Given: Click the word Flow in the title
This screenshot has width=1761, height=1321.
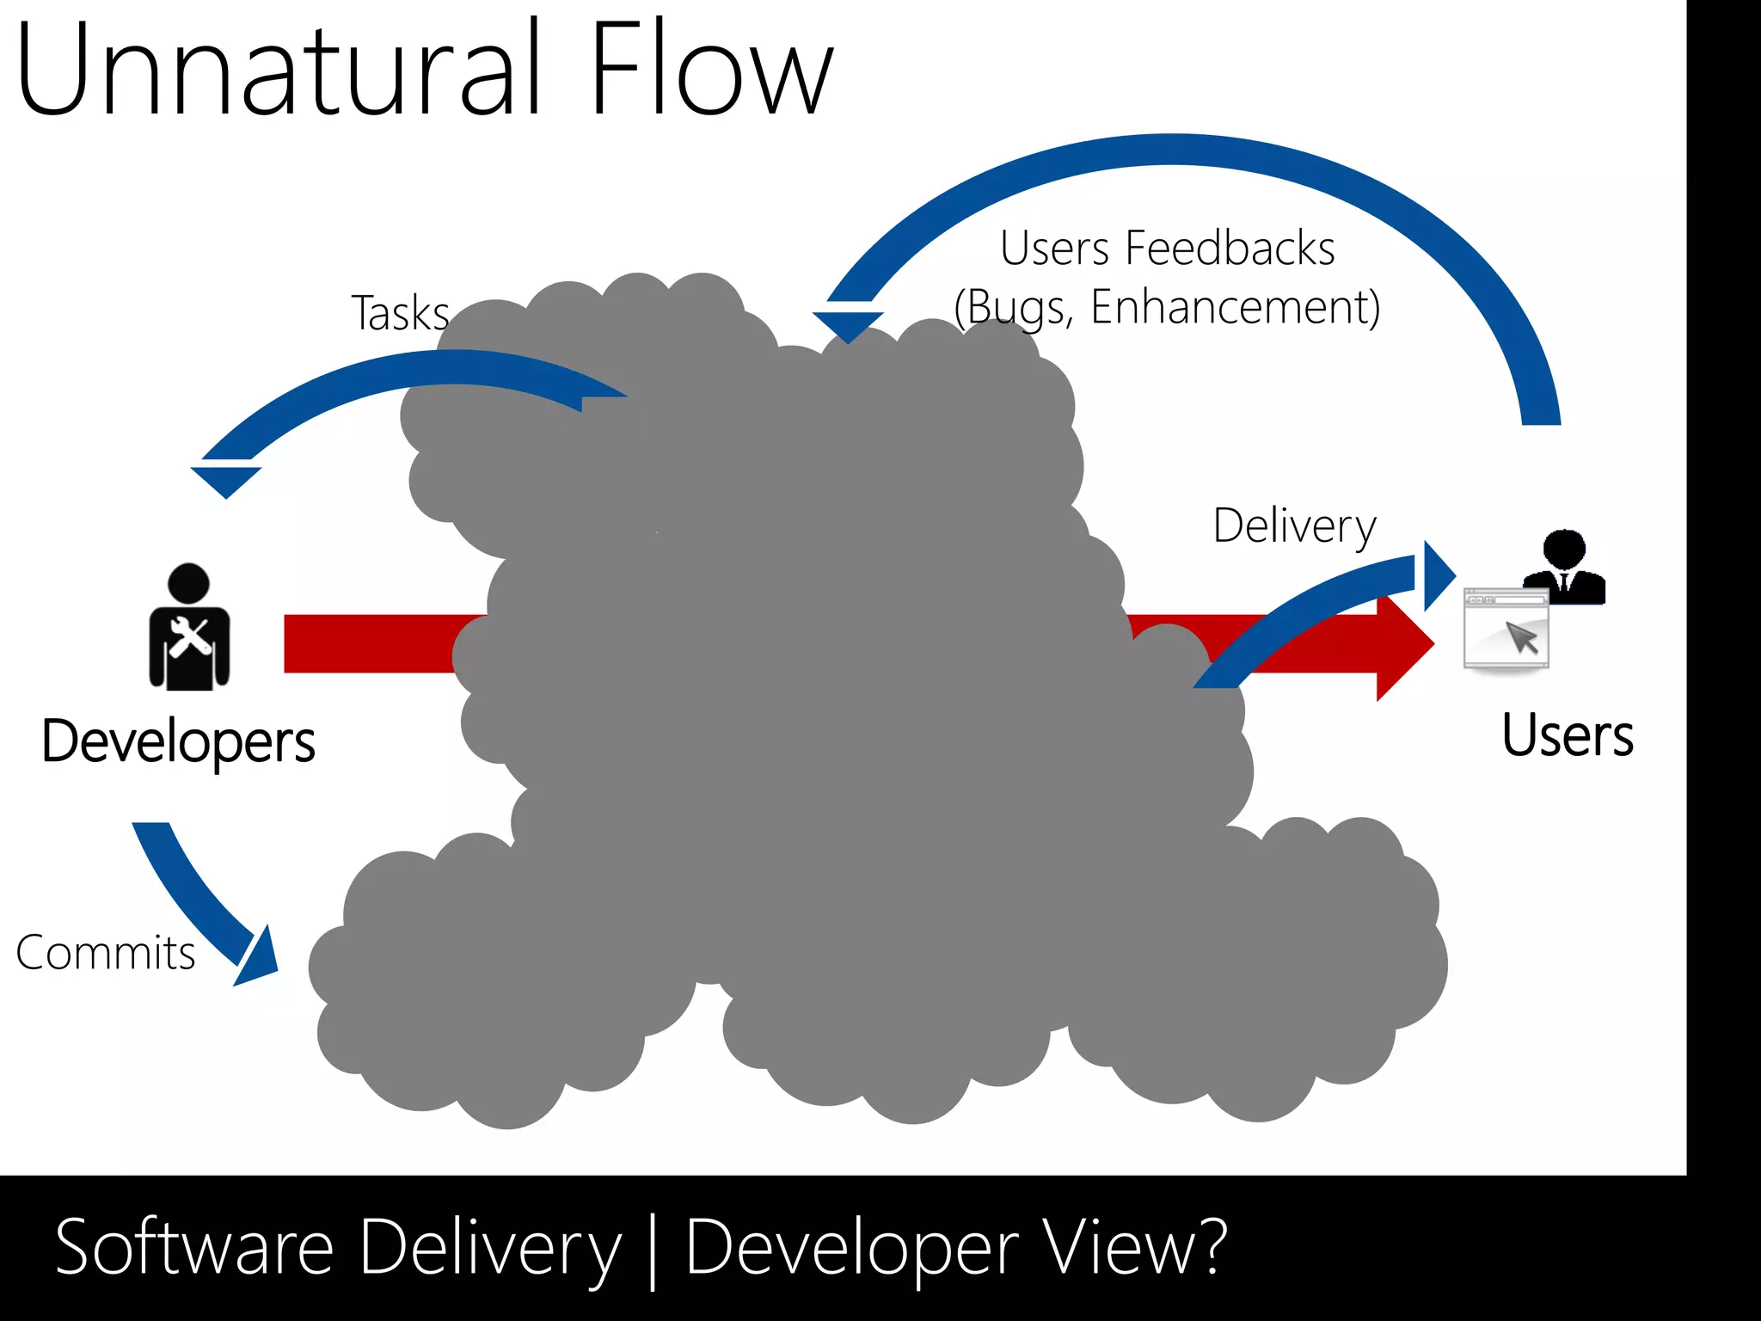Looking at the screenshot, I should [712, 69].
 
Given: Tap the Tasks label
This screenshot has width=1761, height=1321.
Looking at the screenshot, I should [401, 313].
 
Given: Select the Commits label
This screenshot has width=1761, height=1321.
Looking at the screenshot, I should [106, 953].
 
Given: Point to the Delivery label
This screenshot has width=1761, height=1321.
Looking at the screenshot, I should [1294, 526].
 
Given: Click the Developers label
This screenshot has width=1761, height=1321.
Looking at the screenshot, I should [179, 741].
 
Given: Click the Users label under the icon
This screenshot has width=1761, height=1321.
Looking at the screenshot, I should [1567, 736].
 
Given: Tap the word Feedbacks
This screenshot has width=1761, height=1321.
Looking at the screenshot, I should [1230, 249].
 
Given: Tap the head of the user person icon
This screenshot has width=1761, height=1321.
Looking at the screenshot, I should [1564, 549].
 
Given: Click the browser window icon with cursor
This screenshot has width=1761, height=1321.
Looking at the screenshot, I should [1506, 628].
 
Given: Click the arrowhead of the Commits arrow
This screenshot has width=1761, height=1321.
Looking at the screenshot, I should [258, 959].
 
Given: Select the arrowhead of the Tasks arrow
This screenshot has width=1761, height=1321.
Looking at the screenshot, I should [225, 480].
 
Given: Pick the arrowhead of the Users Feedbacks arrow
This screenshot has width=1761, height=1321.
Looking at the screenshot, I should [848, 325].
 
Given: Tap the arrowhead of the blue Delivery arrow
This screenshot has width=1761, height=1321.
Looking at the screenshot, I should [1437, 574].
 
